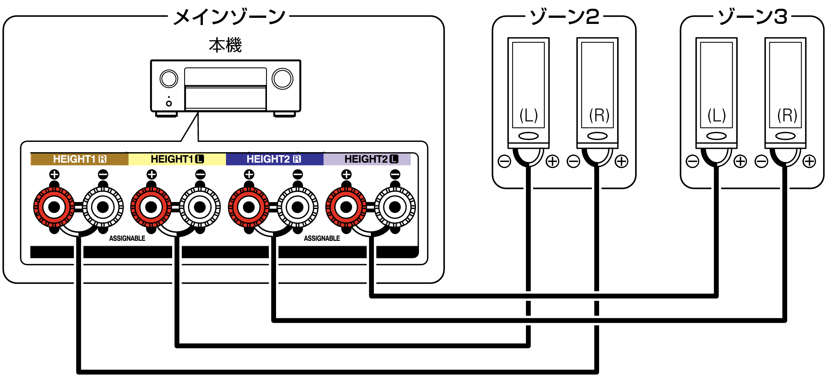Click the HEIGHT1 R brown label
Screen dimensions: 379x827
coord(79,159)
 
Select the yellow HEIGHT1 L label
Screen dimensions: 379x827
coord(177,159)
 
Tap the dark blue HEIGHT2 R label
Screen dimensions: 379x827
coord(274,159)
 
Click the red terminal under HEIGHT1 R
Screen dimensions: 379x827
coord(54,207)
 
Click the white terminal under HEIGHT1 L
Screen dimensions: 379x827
coord(200,207)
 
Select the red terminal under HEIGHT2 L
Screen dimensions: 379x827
coord(346,207)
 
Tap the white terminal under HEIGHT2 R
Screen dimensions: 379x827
coord(298,207)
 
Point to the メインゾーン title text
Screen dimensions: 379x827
coord(229,17)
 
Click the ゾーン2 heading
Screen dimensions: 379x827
coord(564,17)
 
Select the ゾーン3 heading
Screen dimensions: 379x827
coord(752,17)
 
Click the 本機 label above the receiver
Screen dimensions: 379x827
coord(225,45)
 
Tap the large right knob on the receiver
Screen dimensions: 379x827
coord(282,79)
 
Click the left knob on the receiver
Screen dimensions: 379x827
coord(169,79)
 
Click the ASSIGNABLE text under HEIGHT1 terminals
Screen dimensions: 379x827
coord(127,238)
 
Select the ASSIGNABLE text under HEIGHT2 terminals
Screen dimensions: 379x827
coord(322,238)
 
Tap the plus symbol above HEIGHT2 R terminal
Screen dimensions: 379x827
coord(249,175)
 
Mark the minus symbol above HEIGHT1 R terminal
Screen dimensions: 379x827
coord(103,175)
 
